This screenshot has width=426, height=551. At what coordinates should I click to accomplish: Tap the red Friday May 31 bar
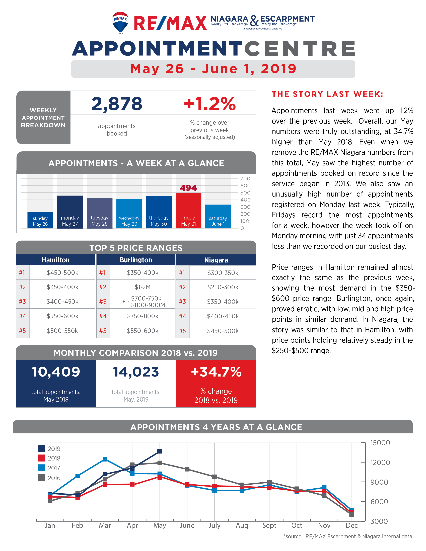click(x=188, y=211)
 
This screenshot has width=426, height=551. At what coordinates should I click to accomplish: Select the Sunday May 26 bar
click(x=40, y=220)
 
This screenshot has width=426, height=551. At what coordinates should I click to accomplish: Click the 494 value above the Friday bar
click(x=188, y=188)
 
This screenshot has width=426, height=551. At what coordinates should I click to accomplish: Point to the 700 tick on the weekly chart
click(x=245, y=179)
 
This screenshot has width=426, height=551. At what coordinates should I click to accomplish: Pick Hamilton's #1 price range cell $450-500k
click(x=62, y=273)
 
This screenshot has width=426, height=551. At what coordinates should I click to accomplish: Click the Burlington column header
click(x=136, y=260)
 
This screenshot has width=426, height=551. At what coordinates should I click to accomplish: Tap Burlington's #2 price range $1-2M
click(x=143, y=287)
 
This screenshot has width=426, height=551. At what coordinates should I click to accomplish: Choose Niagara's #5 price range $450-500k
click(x=223, y=331)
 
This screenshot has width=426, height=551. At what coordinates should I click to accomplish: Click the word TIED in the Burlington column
click(x=124, y=302)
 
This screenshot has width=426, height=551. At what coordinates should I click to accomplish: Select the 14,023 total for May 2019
click(x=136, y=372)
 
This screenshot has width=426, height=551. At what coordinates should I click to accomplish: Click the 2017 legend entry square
click(x=42, y=468)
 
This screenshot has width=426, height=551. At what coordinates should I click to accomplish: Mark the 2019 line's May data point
click(x=160, y=451)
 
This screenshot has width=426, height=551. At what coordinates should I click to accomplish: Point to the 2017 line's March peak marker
click(x=105, y=459)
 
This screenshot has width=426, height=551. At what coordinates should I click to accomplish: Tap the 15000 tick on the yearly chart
click(x=380, y=443)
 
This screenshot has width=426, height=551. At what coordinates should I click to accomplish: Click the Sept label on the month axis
click(x=269, y=525)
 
